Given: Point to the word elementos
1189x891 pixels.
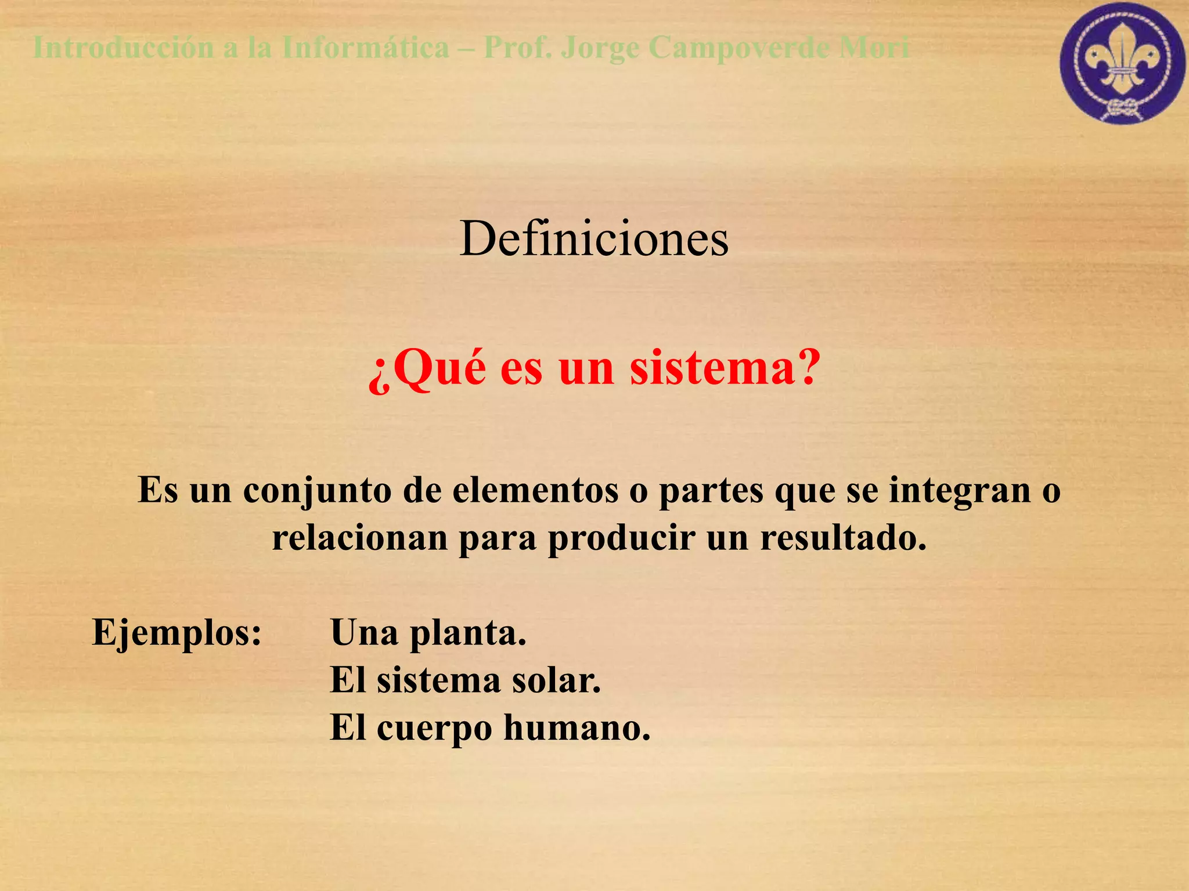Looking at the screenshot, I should [x=535, y=491].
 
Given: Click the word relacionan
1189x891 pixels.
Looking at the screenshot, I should [x=360, y=538].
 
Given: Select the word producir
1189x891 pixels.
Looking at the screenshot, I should [x=621, y=538].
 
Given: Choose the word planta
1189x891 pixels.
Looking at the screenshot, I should [x=468, y=633].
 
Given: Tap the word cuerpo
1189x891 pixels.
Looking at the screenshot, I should [x=434, y=729].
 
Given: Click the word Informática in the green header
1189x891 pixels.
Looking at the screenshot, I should [x=366, y=48].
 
